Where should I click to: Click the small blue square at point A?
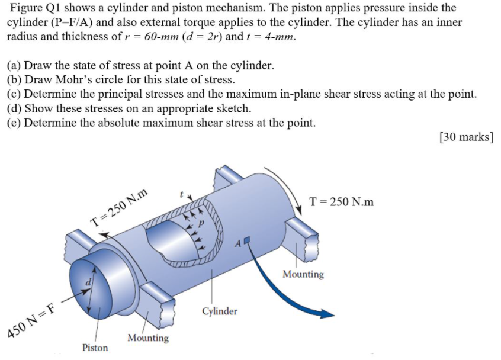tap(247, 240)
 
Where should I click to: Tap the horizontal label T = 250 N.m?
tap(342, 201)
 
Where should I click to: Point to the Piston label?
tap(95, 348)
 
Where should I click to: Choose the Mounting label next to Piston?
tap(148, 338)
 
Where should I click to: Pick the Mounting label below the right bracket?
tap(303, 274)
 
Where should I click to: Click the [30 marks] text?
tap(466, 137)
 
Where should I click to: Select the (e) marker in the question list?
tap(14, 123)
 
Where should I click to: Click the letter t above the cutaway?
tap(182, 194)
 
